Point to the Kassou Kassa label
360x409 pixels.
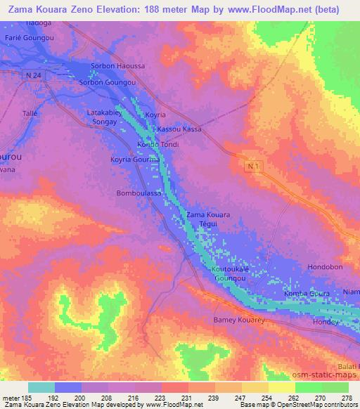pyautogui.click(x=179, y=129)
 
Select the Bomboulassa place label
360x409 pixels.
pyautogui.click(x=139, y=193)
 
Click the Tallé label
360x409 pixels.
pyautogui.click(x=30, y=112)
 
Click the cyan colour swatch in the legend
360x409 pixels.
pyautogui.click(x=41, y=387)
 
